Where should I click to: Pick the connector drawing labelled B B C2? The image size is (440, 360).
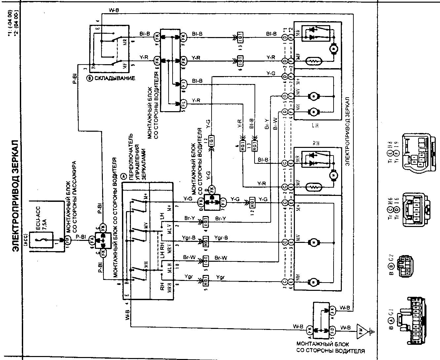point(405,266)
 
